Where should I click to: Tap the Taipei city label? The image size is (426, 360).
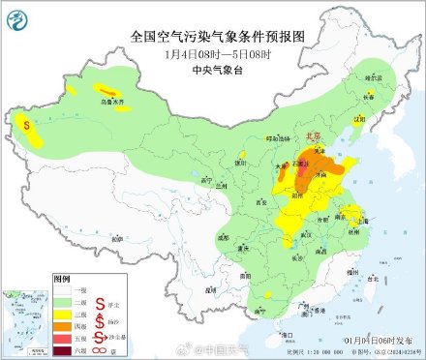371,278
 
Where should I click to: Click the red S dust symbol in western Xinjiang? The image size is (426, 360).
27,123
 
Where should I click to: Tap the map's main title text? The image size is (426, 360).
212,37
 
